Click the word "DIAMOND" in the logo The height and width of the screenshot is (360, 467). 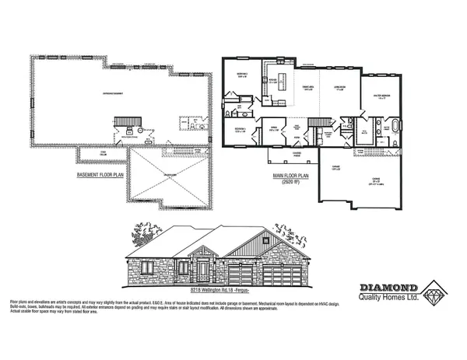coord(381,285)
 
